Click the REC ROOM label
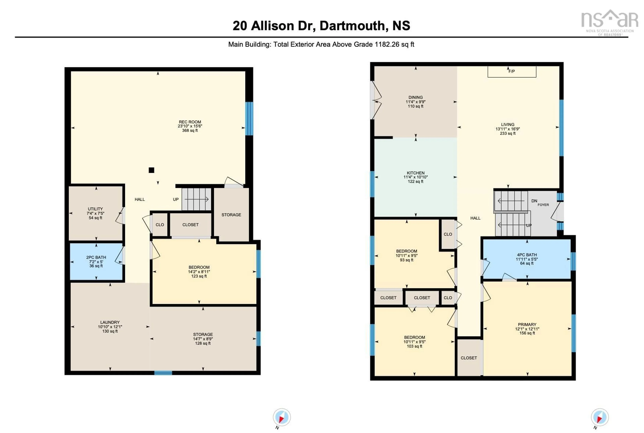[x=190, y=122]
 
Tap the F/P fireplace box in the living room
[x=512, y=71]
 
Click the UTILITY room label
[x=95, y=209]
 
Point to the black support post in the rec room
[x=151, y=170]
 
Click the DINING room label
[x=415, y=97]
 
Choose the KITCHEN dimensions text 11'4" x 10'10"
[x=415, y=177]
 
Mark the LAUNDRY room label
[x=110, y=322]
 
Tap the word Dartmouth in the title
[x=352, y=26]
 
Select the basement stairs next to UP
[x=197, y=199]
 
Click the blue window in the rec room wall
[x=249, y=119]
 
